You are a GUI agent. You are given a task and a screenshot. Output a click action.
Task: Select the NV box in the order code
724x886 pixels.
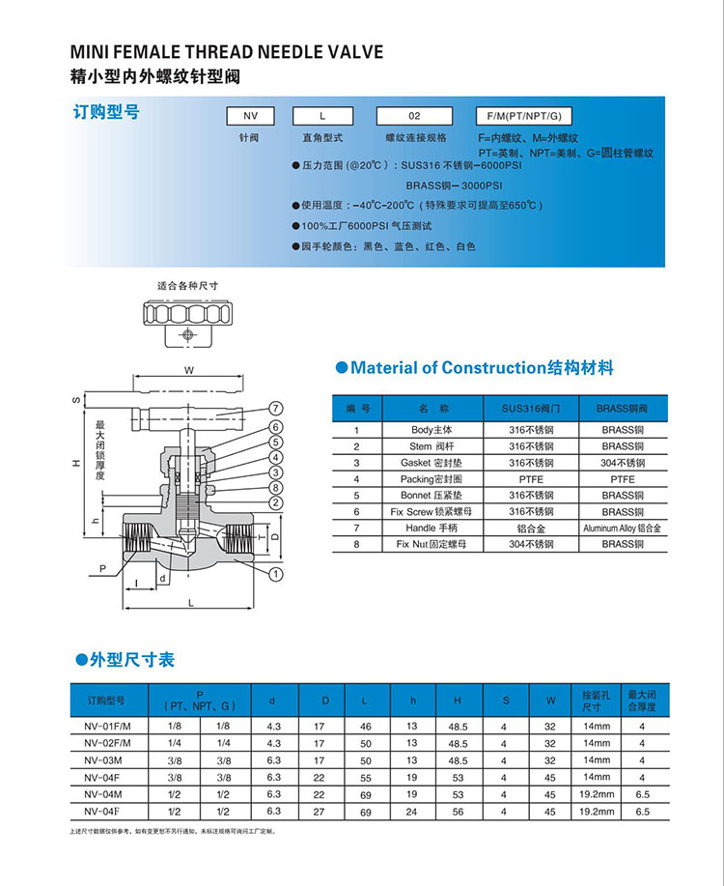click(248, 116)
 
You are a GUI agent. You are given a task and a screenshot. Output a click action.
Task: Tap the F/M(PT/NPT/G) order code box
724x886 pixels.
click(525, 116)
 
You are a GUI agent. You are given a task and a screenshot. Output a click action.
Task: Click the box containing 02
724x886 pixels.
click(415, 116)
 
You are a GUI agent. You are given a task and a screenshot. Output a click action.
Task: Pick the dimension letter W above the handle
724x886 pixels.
click(189, 371)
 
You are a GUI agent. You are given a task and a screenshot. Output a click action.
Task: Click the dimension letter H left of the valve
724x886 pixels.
click(76, 464)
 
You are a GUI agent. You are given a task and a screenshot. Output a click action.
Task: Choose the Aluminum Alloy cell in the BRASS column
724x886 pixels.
click(622, 529)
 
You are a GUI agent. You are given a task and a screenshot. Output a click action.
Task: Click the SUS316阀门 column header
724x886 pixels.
click(530, 409)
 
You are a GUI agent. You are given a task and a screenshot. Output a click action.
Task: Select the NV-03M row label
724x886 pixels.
click(100, 759)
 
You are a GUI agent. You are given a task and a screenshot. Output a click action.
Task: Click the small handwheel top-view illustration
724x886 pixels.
click(181, 316)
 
